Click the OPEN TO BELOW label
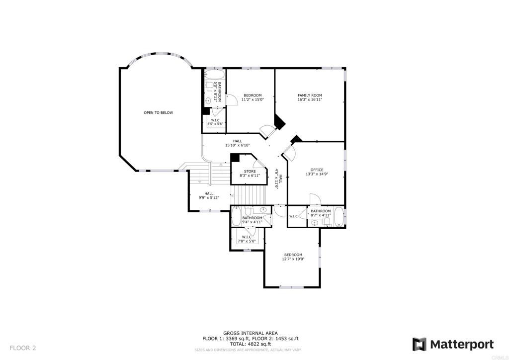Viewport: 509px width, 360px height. tap(159, 113)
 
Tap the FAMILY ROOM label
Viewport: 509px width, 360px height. tap(310, 95)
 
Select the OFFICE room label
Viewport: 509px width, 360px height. tap(317, 170)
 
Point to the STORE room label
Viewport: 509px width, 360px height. tap(250, 172)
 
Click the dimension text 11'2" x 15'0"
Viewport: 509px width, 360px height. tap(253, 99)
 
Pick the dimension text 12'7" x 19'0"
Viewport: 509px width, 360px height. tap(293, 259)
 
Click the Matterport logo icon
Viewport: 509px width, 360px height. tap(420, 345)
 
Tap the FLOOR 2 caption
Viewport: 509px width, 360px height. tap(23, 348)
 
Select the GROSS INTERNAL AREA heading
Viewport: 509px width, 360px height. tap(251, 333)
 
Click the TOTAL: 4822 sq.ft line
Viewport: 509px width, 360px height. tap(251, 344)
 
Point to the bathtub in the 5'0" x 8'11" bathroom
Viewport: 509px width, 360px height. tap(214, 75)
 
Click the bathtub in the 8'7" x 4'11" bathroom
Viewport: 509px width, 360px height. tap(339, 216)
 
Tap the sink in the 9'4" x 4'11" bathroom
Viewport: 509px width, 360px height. tap(263, 210)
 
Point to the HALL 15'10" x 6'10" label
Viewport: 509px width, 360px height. tap(237, 143)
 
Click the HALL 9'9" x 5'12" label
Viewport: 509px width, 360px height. tap(209, 195)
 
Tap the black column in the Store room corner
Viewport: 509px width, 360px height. tap(235, 158)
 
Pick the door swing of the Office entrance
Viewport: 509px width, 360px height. tap(289, 152)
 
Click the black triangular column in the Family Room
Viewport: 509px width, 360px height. tap(279, 122)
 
